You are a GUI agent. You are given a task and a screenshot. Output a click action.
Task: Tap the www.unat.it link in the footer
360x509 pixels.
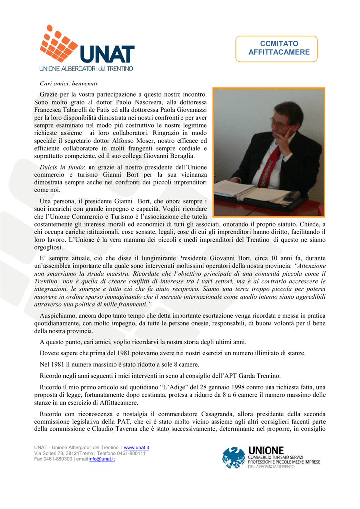tap(136, 448)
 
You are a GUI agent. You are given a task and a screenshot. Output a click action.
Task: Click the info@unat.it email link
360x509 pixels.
tap(102, 459)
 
